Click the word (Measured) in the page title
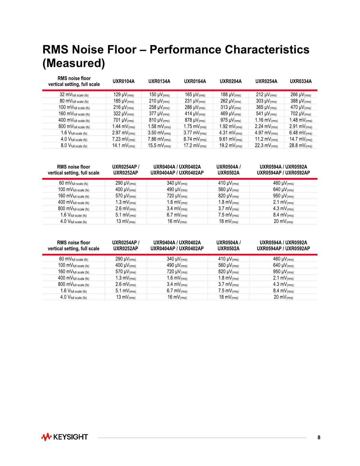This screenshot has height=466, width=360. click(x=74, y=63)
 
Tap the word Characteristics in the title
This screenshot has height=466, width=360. click(x=267, y=50)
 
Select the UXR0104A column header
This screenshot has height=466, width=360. click(x=123, y=81)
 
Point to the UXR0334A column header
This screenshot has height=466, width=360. click(x=301, y=81)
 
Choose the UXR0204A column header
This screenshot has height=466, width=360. click(x=231, y=81)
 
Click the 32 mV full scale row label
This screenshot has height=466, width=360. click(x=74, y=95)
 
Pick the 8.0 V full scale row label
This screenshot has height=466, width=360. click(x=74, y=146)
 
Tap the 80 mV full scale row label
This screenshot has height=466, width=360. click(x=74, y=101)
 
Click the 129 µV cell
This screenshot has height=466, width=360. click(x=123, y=95)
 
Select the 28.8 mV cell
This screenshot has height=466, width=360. click(x=301, y=146)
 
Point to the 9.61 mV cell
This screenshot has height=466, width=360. click(x=231, y=139)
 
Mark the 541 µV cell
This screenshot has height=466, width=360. click(x=266, y=114)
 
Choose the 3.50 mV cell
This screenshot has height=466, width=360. click(x=159, y=133)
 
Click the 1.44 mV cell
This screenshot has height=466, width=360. click(x=123, y=127)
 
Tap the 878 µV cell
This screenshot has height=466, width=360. click(x=195, y=120)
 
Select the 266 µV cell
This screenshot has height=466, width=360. click(x=301, y=95)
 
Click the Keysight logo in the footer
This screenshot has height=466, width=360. click(x=65, y=437)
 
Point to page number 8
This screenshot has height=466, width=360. click(x=319, y=437)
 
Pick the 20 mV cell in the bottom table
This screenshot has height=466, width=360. click(x=283, y=297)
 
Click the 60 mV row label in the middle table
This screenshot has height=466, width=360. click(x=74, y=184)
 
